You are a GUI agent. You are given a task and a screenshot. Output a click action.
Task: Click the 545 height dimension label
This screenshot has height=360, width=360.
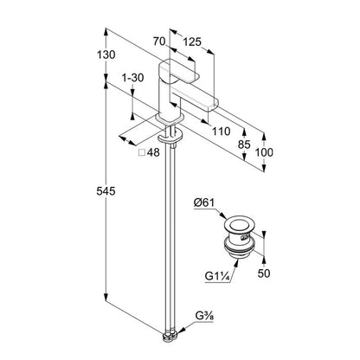106,190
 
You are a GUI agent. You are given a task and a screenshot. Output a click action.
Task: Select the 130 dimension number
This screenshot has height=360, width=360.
106,55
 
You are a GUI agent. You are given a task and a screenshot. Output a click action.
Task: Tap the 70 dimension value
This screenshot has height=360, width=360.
159,42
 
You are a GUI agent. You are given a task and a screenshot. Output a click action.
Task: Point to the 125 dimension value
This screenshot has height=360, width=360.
192,42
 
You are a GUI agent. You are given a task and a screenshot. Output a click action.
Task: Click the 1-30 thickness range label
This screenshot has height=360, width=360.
132,78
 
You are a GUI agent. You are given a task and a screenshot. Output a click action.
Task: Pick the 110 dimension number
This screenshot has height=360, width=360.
222,132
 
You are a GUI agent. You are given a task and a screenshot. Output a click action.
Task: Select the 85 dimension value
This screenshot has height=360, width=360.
244,145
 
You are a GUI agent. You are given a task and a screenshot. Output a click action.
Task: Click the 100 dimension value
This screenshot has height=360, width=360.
264,152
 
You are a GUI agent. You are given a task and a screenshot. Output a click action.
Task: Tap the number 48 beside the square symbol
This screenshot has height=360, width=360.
153,152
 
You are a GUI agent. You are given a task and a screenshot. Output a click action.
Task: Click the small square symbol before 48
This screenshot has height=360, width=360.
142,152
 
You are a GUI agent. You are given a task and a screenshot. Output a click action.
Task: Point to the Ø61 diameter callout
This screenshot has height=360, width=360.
204,202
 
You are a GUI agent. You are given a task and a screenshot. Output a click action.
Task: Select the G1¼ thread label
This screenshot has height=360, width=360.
217,276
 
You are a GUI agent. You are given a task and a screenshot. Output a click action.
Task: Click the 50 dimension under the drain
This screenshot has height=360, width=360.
264,273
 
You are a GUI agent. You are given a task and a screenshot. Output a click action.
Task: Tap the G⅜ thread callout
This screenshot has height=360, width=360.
204,317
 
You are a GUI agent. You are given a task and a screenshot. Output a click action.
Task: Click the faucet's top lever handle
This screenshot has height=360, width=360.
179,71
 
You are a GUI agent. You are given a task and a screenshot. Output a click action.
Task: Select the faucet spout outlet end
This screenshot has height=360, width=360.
214,105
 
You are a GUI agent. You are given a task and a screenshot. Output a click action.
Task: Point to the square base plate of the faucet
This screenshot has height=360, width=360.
170,119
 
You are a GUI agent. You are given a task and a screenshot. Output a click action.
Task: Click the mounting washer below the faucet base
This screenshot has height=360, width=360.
170,137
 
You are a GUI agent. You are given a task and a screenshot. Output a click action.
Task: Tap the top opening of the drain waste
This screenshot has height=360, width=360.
239,224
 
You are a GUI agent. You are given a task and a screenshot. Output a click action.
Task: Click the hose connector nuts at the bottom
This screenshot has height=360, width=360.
170,337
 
